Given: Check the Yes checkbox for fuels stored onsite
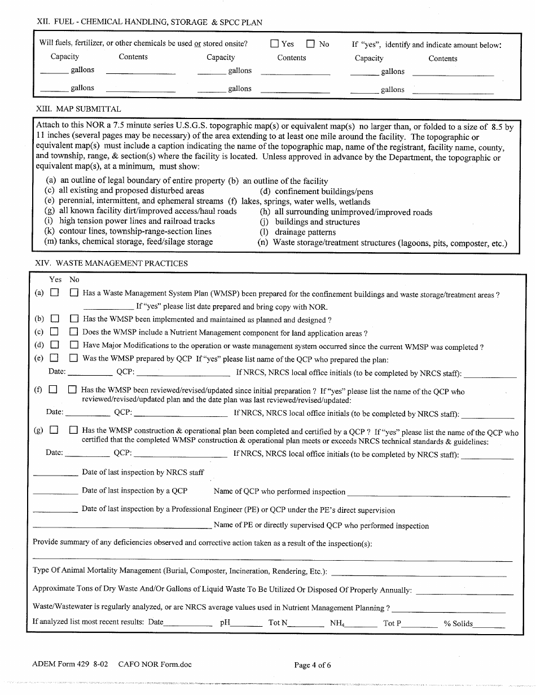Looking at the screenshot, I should [x=275, y=43].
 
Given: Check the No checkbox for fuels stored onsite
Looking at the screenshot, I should [x=310, y=43].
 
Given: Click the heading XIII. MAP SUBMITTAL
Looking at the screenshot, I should [x=78, y=109].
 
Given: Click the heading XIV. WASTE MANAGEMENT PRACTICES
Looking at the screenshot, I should [x=111, y=263].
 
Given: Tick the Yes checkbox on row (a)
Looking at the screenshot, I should [x=54, y=293].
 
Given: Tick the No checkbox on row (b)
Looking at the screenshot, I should [x=74, y=319].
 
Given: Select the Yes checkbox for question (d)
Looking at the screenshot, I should [x=54, y=345].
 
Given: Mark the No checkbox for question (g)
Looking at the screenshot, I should [x=73, y=430].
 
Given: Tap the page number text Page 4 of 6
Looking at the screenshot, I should [x=313, y=665].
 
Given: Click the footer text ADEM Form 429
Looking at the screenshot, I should [x=58, y=665].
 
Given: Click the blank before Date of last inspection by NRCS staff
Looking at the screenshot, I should [x=55, y=475].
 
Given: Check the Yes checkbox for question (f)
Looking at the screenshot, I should [x=53, y=389].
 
